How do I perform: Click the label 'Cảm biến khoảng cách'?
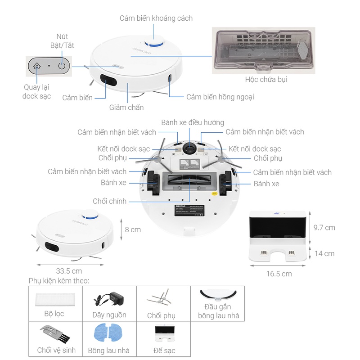(156, 18)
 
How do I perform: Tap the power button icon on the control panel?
(62, 66)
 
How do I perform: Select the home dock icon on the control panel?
(37, 66)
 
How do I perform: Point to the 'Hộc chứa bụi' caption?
(266, 80)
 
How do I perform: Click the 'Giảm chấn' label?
(126, 108)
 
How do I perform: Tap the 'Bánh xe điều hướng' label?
(193, 122)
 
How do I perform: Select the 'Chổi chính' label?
(110, 201)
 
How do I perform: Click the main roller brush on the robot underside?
(189, 184)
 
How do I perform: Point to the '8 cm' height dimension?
(133, 229)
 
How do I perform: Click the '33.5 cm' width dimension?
(69, 271)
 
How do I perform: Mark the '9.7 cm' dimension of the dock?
(324, 228)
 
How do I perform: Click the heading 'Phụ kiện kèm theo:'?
(59, 281)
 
